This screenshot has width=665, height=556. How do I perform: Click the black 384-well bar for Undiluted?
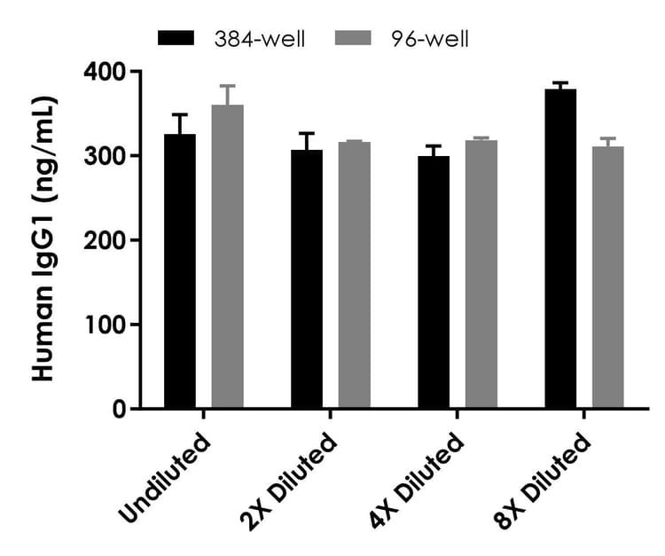tap(180, 271)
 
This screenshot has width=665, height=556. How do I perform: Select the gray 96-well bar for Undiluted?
tap(227, 257)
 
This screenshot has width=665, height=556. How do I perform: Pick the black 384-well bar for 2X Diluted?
tap(307, 279)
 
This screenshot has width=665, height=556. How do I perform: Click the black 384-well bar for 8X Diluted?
tap(560, 249)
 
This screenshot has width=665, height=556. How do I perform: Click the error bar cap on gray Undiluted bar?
tap(227, 86)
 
